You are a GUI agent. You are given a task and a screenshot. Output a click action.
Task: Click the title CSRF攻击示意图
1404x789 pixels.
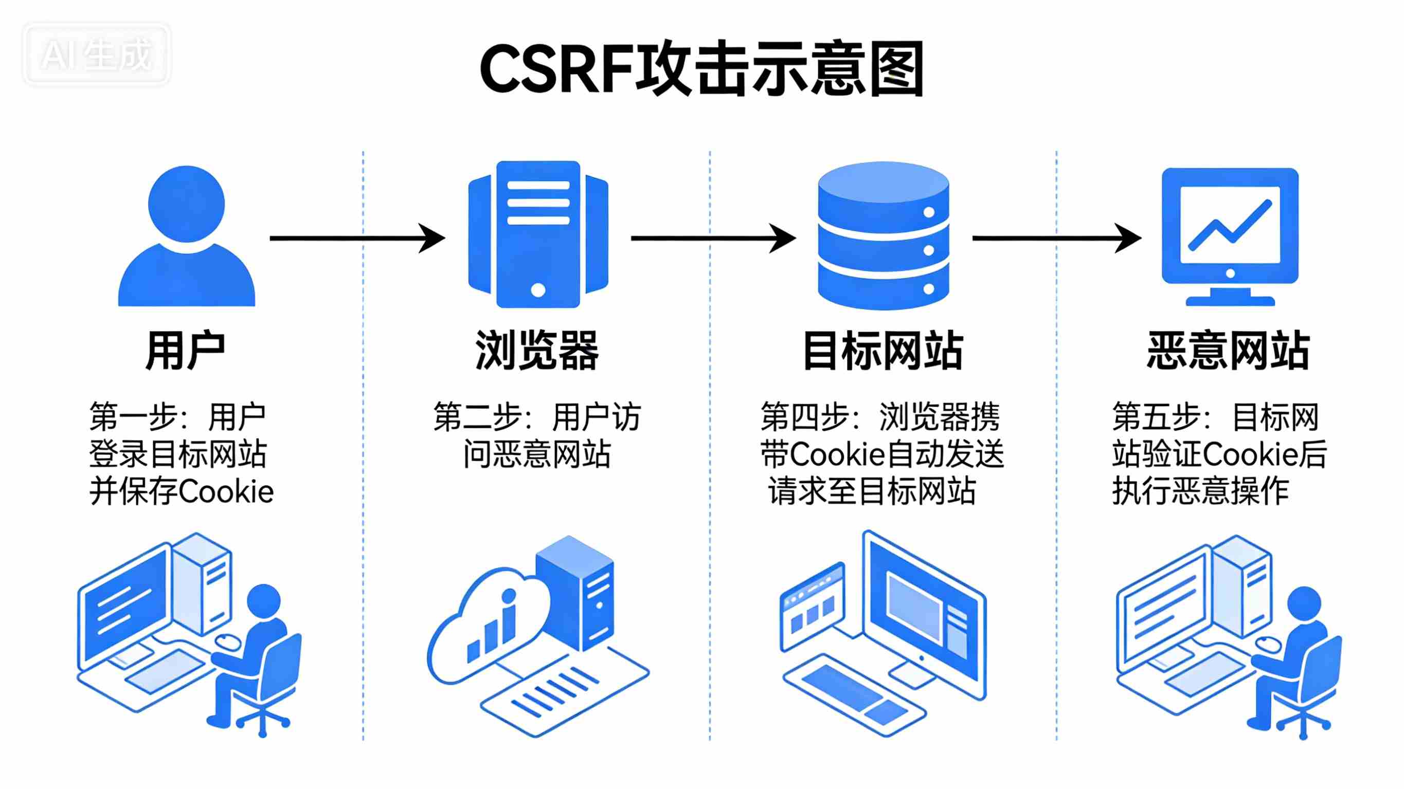[x=701, y=69]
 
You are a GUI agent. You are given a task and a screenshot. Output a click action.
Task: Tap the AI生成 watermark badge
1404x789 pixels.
[x=97, y=54]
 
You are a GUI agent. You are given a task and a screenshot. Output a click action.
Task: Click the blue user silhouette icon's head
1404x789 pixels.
[x=186, y=204]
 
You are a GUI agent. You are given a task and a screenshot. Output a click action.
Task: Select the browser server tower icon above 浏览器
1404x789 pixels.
[x=538, y=234]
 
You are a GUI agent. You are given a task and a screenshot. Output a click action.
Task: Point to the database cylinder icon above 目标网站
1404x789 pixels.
[x=883, y=235]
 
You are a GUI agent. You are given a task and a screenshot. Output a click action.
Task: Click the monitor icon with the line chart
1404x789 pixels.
[x=1230, y=235]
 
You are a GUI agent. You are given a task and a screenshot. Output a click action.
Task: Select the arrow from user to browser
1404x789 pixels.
[x=357, y=238]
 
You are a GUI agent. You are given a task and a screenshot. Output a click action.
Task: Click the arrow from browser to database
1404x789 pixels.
[x=713, y=238]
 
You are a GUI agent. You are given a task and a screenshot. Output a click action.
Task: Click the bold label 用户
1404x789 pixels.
[x=185, y=351]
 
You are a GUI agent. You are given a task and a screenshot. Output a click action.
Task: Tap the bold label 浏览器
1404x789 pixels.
[x=537, y=351]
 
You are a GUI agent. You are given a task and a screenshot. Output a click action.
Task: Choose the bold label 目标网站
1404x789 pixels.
[x=883, y=351]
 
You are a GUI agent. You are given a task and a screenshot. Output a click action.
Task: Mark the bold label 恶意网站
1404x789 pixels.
[x=1229, y=351]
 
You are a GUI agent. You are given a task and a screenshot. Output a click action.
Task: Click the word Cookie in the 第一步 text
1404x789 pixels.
[x=226, y=491]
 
